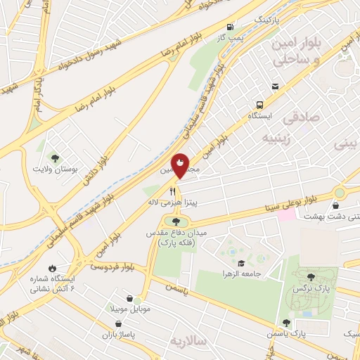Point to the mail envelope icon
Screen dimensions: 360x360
click(x=275, y=86)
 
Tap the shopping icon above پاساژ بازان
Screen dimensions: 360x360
click(x=117, y=324)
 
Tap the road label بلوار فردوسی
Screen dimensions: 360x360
click(x=111, y=266)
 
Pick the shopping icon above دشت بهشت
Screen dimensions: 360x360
click(x=336, y=205)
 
